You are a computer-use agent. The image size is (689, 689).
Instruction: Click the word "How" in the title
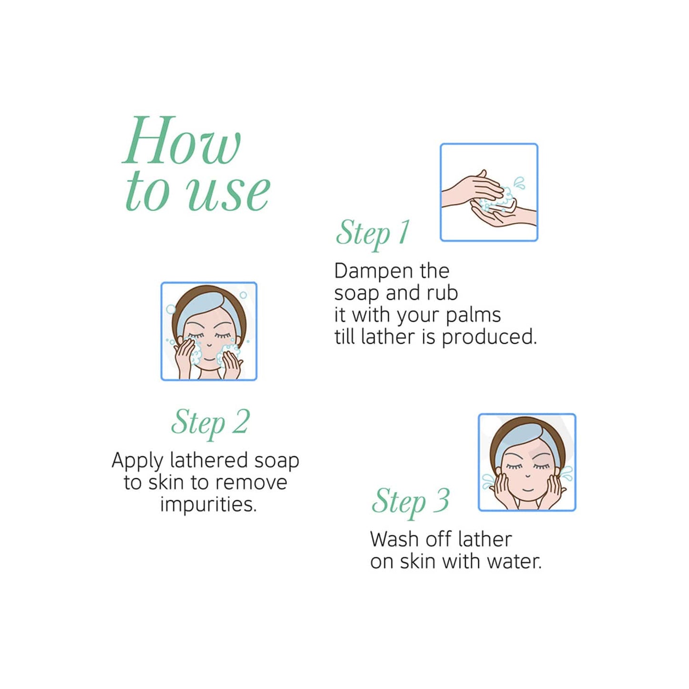click(x=182, y=140)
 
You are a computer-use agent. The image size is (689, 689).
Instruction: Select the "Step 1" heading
click(x=372, y=234)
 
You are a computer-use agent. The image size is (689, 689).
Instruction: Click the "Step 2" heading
click(x=210, y=423)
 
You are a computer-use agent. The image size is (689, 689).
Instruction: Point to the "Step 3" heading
click(x=410, y=502)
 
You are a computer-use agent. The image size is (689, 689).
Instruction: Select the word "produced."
click(x=490, y=338)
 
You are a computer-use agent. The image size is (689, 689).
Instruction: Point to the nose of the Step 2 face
click(x=209, y=345)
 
